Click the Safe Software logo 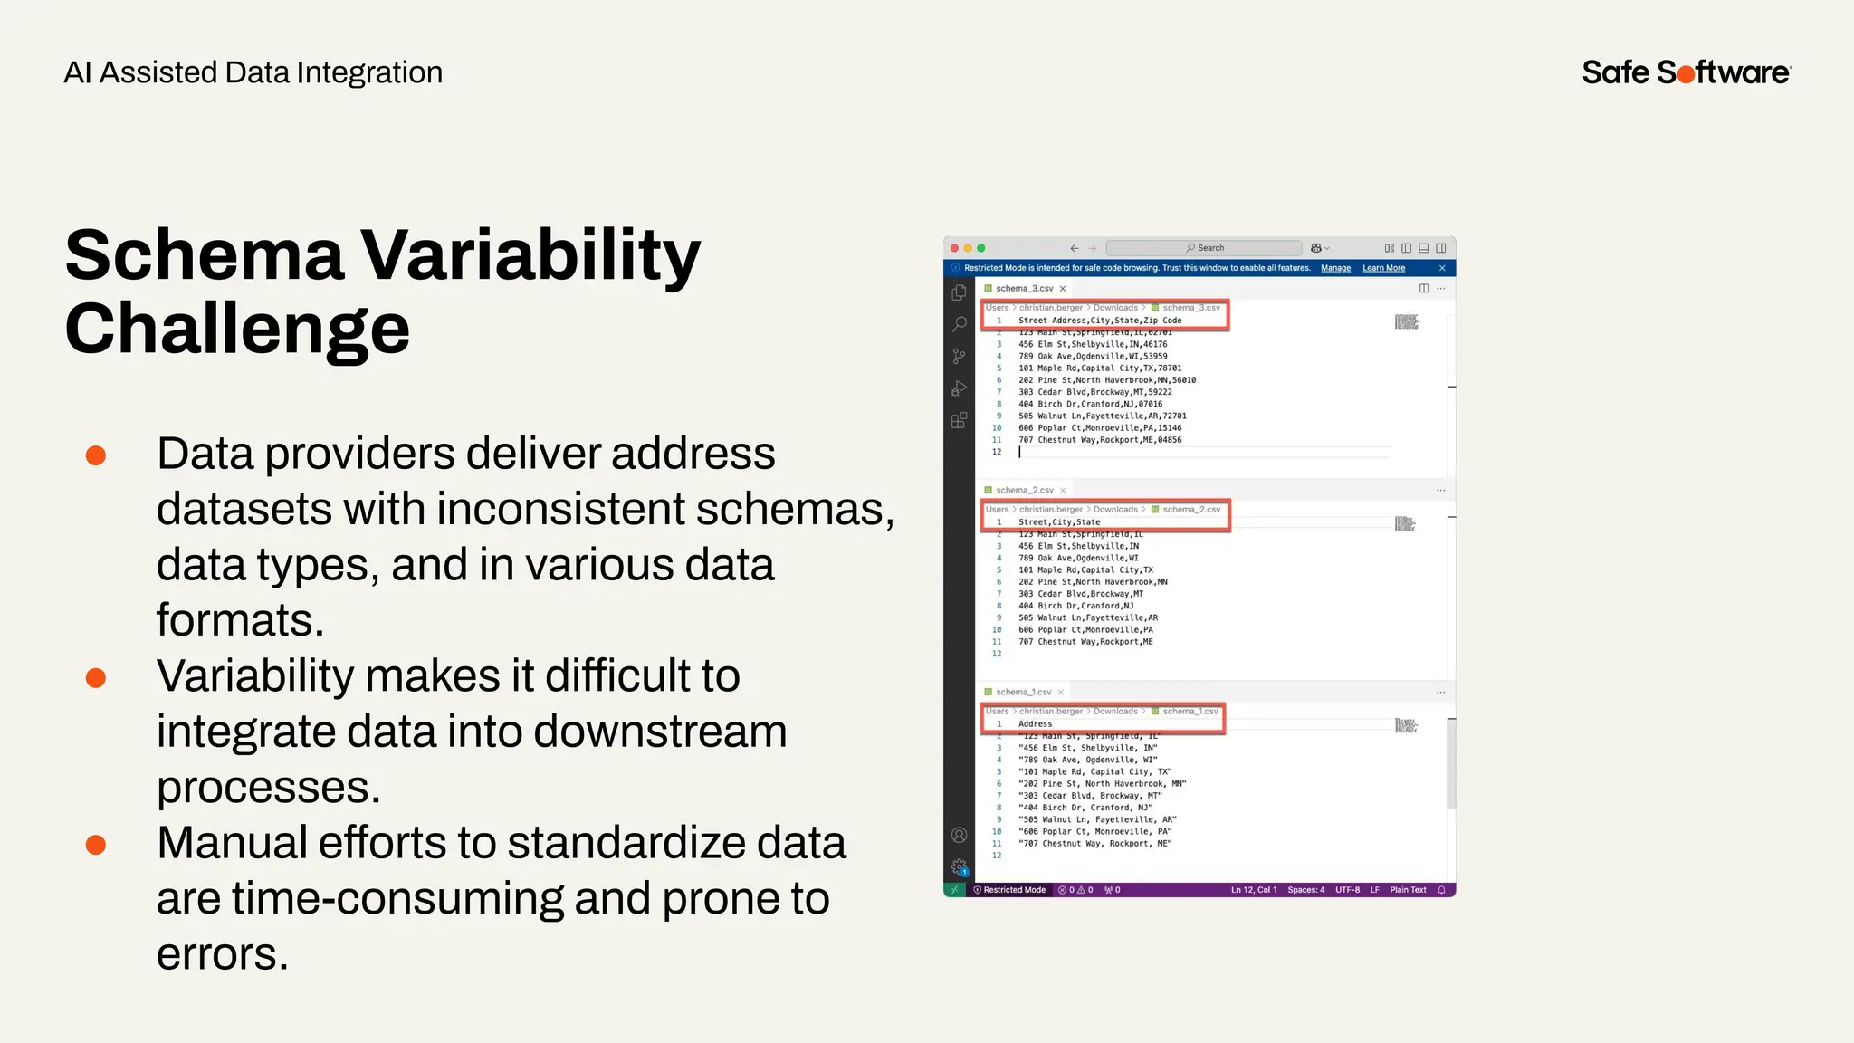1686,72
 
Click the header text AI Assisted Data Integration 253,72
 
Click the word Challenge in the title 237,328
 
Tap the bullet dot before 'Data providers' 96,455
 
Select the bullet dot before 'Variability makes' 96,677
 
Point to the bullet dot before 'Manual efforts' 96,845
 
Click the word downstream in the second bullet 660,732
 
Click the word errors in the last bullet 222,954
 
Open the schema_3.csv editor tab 1024,289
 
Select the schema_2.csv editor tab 1024,491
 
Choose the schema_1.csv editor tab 1023,693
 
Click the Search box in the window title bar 1204,248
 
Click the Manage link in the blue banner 1335,268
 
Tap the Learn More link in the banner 1383,268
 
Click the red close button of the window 954,248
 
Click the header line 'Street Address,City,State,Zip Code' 1100,321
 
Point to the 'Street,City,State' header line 1059,522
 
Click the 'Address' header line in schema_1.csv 1035,724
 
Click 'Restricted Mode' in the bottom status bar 1014,890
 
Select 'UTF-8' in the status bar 1347,890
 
